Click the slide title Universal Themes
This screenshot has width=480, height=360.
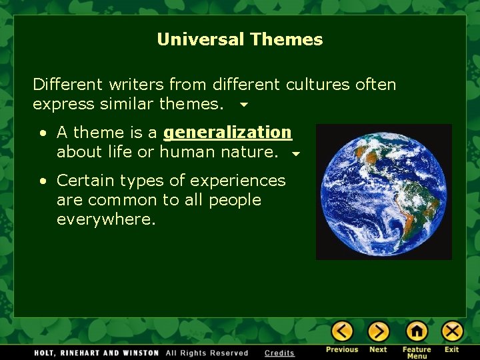pos(239,39)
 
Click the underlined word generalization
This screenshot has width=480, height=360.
pos(227,133)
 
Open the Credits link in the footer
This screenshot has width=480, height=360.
pos(279,353)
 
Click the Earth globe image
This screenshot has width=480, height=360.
pos(384,191)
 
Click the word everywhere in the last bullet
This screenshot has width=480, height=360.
pos(106,220)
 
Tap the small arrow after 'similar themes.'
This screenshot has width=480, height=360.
pos(243,105)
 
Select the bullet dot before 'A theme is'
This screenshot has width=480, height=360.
pos(42,133)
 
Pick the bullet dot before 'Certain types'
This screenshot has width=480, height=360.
pos(42,181)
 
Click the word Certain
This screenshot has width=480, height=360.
pos(83,180)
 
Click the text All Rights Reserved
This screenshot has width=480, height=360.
pos(207,353)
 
